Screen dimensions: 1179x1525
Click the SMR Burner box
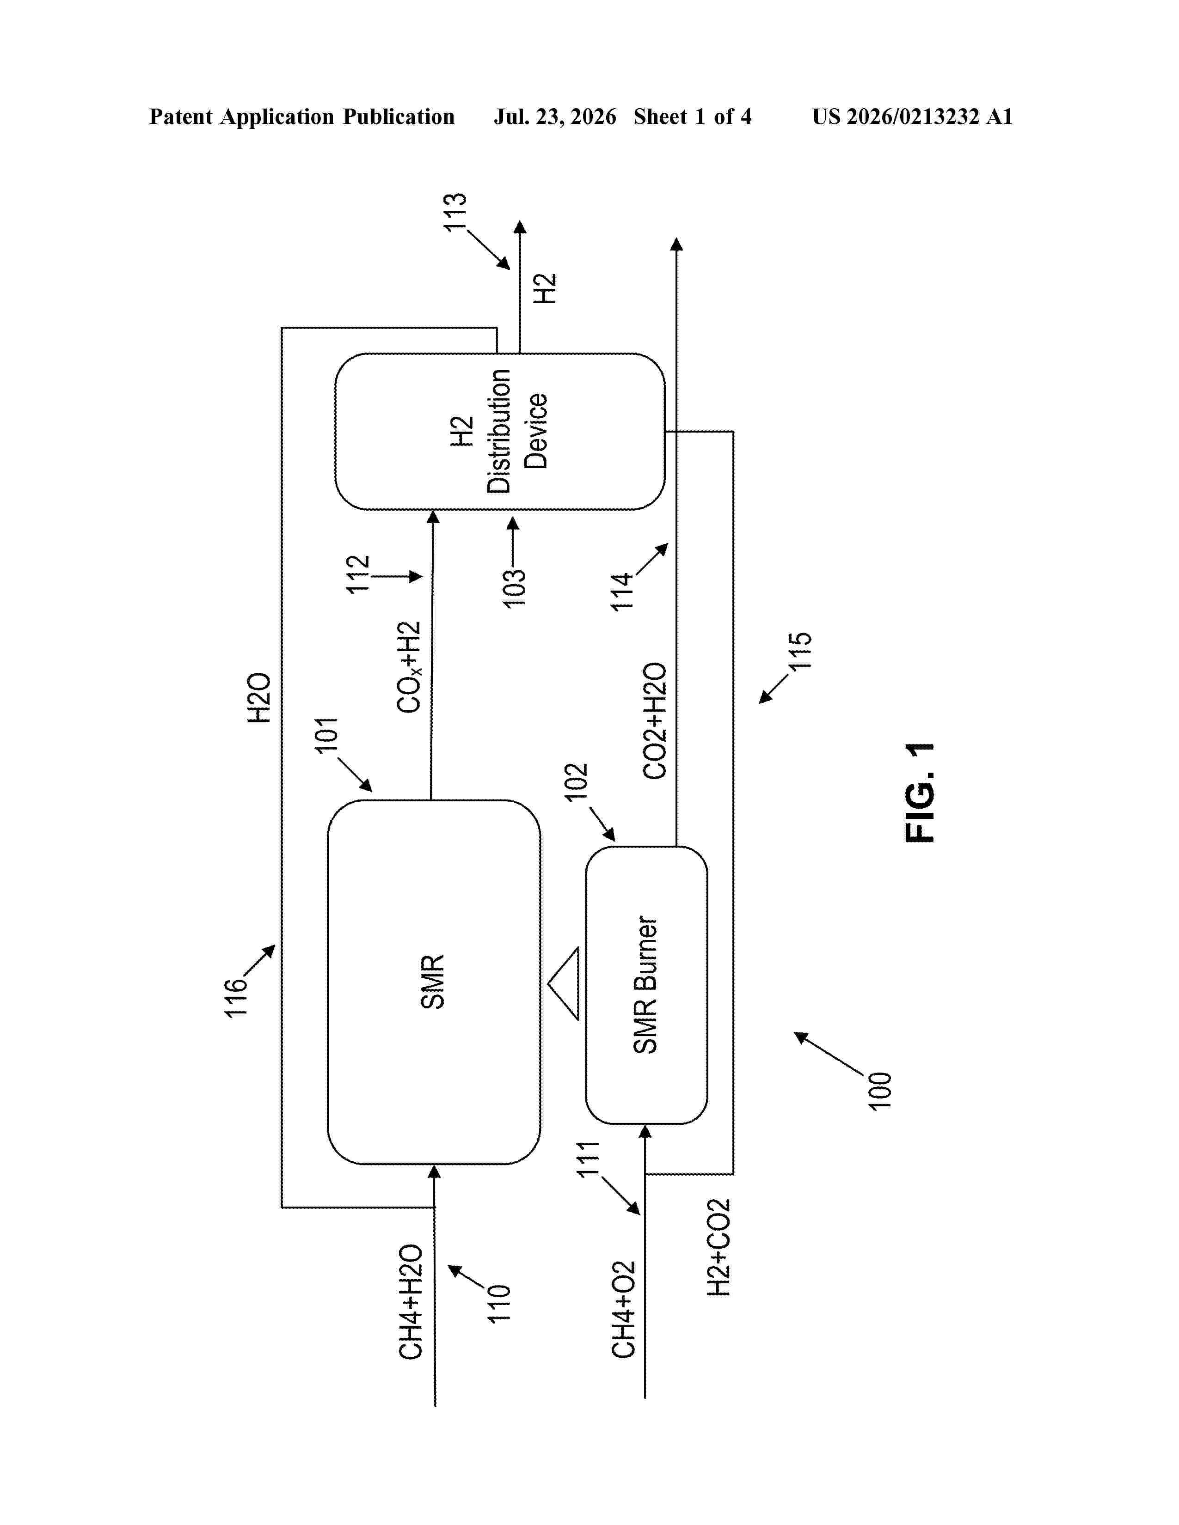pos(646,985)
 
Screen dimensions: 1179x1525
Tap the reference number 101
pos(326,735)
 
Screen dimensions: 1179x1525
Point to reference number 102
pos(576,782)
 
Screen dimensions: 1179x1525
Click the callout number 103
pos(514,589)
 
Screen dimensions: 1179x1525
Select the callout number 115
pos(800,651)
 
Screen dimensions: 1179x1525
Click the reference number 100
pos(879,1091)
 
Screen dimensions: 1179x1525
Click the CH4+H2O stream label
pos(411,1301)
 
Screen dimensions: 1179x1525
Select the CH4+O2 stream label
pos(624,1309)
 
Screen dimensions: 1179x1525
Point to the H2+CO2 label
pos(718,1247)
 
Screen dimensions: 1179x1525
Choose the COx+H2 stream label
pos(409,667)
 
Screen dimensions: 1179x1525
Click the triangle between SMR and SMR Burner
pos(564,983)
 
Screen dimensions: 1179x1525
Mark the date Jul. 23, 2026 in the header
pos(555,116)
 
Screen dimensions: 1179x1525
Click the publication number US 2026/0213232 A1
pos(912,116)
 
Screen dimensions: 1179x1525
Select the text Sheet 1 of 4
pos(693,116)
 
